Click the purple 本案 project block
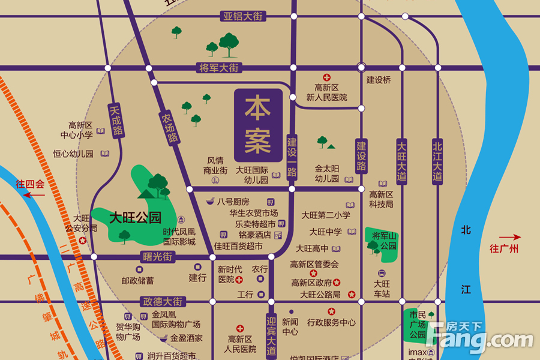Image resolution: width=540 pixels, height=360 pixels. pyautogui.click(x=258, y=126)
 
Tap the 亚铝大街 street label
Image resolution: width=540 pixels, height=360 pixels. pyautogui.click(x=243, y=16)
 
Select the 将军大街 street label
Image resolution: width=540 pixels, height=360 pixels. pyautogui.click(x=218, y=68)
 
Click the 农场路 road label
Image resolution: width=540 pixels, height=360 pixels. pyautogui.click(x=170, y=128)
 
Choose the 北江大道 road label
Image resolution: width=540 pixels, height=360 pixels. pyautogui.click(x=437, y=161)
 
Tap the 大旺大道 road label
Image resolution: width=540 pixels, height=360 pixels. pyautogui.click(x=401, y=161)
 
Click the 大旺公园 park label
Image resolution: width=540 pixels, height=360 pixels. pyautogui.click(x=135, y=217)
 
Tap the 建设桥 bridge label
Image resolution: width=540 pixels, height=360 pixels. pyautogui.click(x=379, y=80)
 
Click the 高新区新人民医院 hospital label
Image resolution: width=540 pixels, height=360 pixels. pyautogui.click(x=326, y=92)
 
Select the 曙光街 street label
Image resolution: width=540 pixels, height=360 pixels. pyautogui.click(x=157, y=257)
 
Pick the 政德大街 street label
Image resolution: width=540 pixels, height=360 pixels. pyautogui.click(x=162, y=302)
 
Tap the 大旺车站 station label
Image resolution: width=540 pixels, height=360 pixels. pyautogui.click(x=382, y=289)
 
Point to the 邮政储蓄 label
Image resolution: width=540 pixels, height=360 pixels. pyautogui.click(x=137, y=280)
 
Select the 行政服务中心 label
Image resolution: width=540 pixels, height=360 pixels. pyautogui.click(x=331, y=322)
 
